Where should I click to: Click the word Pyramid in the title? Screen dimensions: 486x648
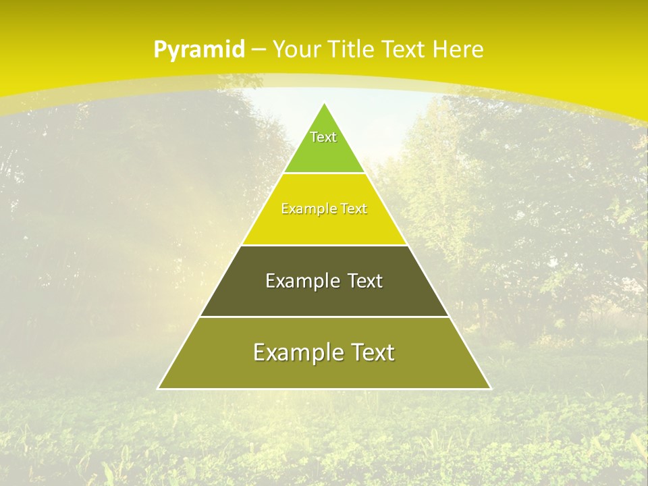click(x=199, y=50)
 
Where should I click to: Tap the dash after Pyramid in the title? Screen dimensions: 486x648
click(x=259, y=50)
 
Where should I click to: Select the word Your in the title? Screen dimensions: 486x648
click(x=296, y=49)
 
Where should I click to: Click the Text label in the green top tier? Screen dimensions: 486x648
click(x=323, y=137)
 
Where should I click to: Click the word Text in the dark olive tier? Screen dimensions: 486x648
click(x=365, y=281)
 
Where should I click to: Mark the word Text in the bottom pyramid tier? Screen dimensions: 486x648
click(x=372, y=352)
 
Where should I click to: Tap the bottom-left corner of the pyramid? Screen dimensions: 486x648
click(x=159, y=389)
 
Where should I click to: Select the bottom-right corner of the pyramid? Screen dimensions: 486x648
click(x=490, y=389)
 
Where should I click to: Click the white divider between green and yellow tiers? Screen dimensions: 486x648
click(x=324, y=173)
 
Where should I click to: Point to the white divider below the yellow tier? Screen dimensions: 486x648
click(x=324, y=245)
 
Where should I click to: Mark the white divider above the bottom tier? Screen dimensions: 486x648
click(x=324, y=317)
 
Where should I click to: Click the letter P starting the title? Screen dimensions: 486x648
click(x=160, y=50)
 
